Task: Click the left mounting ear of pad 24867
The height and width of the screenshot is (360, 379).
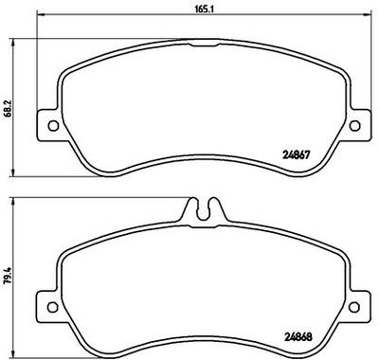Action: click(42, 123)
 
